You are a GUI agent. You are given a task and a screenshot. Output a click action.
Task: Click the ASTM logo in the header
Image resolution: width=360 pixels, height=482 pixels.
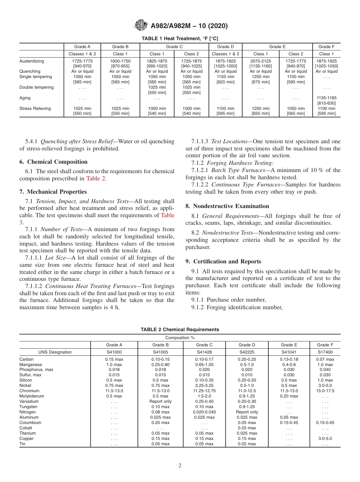coord(141,26)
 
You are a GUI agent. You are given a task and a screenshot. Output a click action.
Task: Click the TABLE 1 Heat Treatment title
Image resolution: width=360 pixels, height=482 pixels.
coord(180,39)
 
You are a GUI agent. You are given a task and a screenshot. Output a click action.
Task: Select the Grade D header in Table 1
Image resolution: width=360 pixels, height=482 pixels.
coord(225,47)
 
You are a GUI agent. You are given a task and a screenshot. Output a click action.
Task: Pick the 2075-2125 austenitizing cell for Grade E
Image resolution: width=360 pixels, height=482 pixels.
coord(261,61)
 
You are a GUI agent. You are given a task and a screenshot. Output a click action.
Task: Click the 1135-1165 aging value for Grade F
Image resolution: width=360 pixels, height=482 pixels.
coord(326,98)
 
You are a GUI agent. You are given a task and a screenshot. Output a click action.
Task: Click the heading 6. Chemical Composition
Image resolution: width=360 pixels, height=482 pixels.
coord(53,162)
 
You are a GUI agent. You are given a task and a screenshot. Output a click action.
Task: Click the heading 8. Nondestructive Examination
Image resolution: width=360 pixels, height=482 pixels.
coord(227,206)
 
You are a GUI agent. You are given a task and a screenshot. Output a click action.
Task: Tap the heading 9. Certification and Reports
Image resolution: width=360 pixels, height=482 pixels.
coord(223,261)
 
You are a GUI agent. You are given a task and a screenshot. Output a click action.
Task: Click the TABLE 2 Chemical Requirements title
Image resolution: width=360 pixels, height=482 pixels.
coord(180,330)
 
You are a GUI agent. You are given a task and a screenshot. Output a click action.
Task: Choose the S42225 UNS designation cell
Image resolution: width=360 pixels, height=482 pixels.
coord(247,352)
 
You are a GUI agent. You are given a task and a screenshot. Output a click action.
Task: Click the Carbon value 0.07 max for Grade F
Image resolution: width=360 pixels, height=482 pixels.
coord(325,359)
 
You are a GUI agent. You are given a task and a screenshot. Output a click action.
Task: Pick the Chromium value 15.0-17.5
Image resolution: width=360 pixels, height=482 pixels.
coord(325,391)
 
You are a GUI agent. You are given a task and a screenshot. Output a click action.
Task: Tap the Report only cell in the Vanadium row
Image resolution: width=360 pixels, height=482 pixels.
coord(160,402)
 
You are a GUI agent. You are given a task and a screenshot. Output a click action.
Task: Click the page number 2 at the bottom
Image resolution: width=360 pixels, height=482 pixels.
coord(180,466)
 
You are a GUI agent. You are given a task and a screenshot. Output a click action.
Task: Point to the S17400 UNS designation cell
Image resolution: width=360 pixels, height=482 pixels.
coord(325,352)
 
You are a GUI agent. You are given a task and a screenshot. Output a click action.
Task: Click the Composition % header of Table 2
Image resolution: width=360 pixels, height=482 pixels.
coord(180,338)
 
